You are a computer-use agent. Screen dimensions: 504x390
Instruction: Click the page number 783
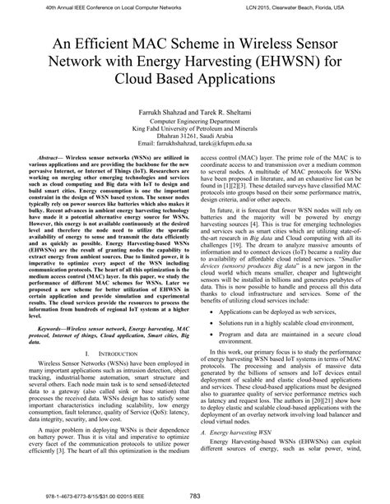point(195,493)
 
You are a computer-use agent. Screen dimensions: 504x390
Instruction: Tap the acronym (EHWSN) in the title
point(247,64)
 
